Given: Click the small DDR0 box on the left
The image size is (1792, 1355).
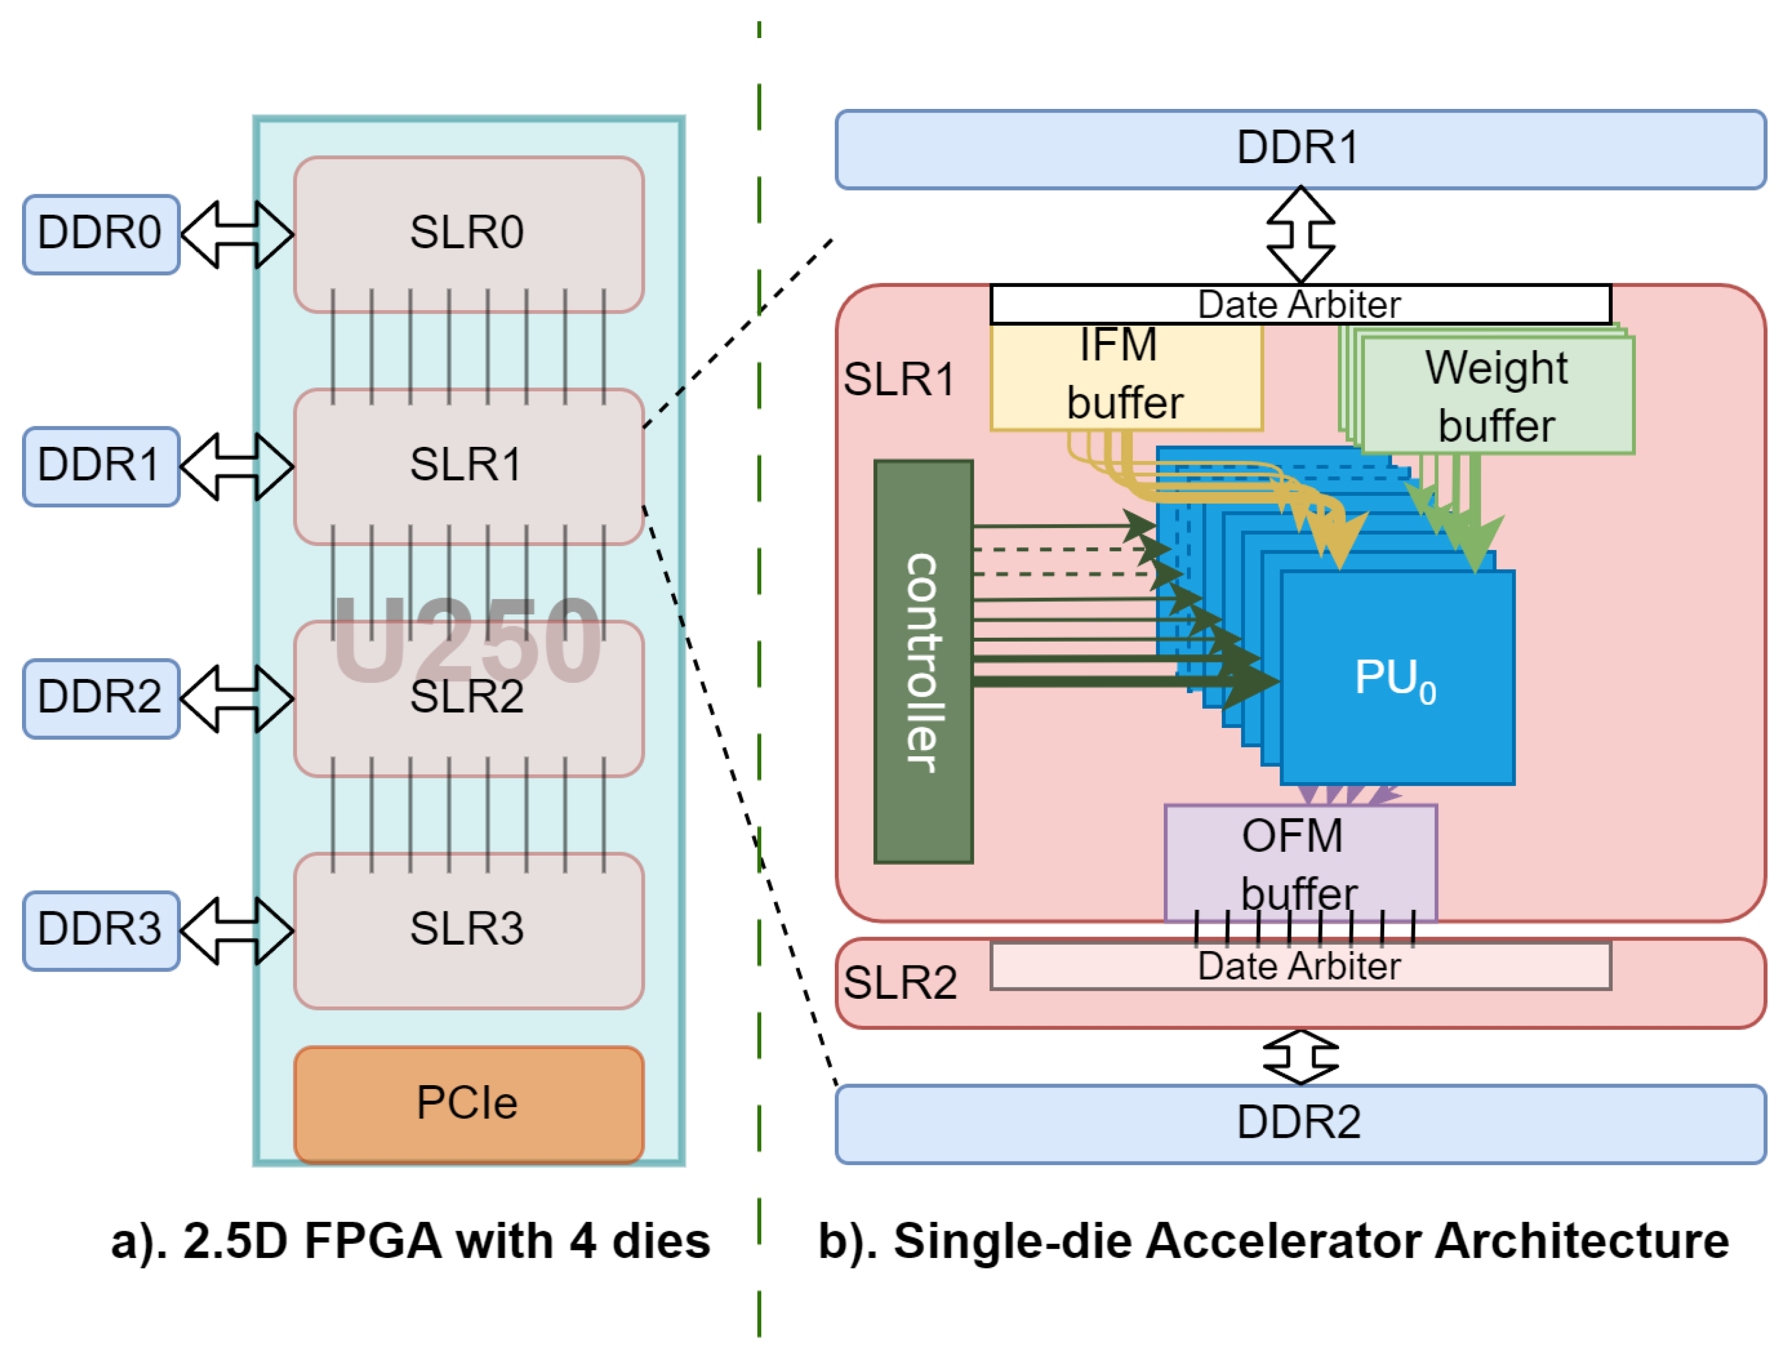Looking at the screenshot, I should [100, 234].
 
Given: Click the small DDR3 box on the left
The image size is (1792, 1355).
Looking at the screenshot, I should [100, 930].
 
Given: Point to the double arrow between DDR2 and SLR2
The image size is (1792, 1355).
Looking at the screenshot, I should [236, 698].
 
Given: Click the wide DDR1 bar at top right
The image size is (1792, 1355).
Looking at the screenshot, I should [1299, 149].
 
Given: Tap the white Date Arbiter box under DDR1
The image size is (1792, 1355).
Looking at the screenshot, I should [1299, 305].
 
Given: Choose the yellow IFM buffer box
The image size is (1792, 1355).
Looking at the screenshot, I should [1126, 377].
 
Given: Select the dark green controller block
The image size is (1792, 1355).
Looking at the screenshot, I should [923, 662].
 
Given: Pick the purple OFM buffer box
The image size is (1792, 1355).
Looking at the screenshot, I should [1299, 863].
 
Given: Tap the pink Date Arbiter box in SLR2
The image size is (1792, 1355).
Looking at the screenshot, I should [1299, 966].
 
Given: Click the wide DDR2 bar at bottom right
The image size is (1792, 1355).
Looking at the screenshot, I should [1299, 1123].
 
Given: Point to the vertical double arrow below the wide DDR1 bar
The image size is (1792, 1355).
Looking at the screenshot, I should [1299, 235].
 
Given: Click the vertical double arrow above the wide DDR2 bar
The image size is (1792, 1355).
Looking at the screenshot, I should [1299, 1057].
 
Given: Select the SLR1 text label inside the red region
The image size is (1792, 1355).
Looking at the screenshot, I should [899, 379].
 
